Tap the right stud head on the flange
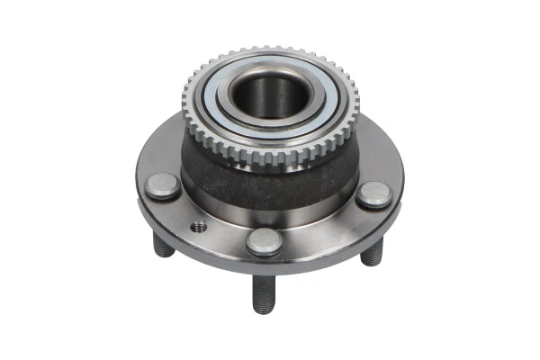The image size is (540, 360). coord(373,194)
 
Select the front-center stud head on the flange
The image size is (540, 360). coord(264,240)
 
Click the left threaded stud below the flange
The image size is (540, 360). coord(164,246)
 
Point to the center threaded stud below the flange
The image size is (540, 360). coord(262,292)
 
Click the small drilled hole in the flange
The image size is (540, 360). coord(198,227)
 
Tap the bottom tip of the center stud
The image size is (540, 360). coord(262,309)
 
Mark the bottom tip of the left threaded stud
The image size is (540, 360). coord(165,253)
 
